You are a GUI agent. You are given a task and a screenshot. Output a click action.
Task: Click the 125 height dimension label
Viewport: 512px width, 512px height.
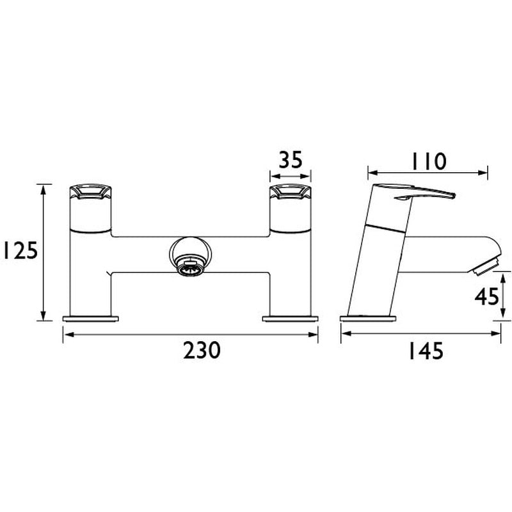coord(19,252)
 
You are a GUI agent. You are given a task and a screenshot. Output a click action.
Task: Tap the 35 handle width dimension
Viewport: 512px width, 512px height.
coord(290,160)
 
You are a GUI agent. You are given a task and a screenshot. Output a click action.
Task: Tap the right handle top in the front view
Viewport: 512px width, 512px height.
coord(290,191)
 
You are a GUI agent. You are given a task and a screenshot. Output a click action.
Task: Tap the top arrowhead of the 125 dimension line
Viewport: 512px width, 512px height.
coord(44,186)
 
